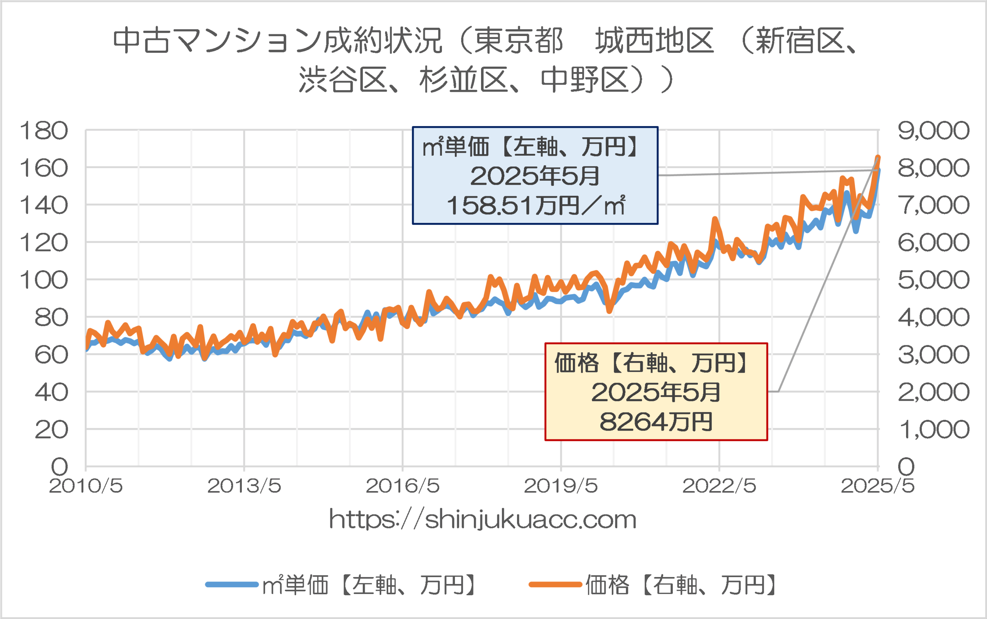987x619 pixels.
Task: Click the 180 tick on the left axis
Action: tap(44, 131)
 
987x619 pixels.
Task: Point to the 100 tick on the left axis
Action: tap(44, 281)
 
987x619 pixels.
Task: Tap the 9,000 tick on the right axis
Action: tap(933, 131)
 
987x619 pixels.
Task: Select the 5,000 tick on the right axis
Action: tap(933, 280)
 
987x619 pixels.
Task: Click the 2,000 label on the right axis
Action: tap(933, 392)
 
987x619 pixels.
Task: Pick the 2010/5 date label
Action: tap(86, 486)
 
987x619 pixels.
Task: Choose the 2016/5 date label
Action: tap(402, 486)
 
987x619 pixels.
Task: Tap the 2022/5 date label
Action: tap(719, 486)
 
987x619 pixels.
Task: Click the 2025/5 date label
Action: tap(877, 486)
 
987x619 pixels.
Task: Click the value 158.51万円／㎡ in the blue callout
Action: tap(535, 205)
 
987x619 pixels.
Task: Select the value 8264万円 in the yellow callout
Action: tap(656, 422)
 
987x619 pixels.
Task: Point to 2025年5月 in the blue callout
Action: tap(535, 176)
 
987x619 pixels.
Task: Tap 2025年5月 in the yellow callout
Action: tap(656, 392)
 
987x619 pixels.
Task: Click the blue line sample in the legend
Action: tap(232, 585)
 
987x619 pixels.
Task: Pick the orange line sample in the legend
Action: tap(555, 585)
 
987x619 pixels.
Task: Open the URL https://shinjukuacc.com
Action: tap(483, 520)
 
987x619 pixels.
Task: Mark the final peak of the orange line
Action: tap(878, 158)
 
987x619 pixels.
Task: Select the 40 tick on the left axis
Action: tap(51, 392)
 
